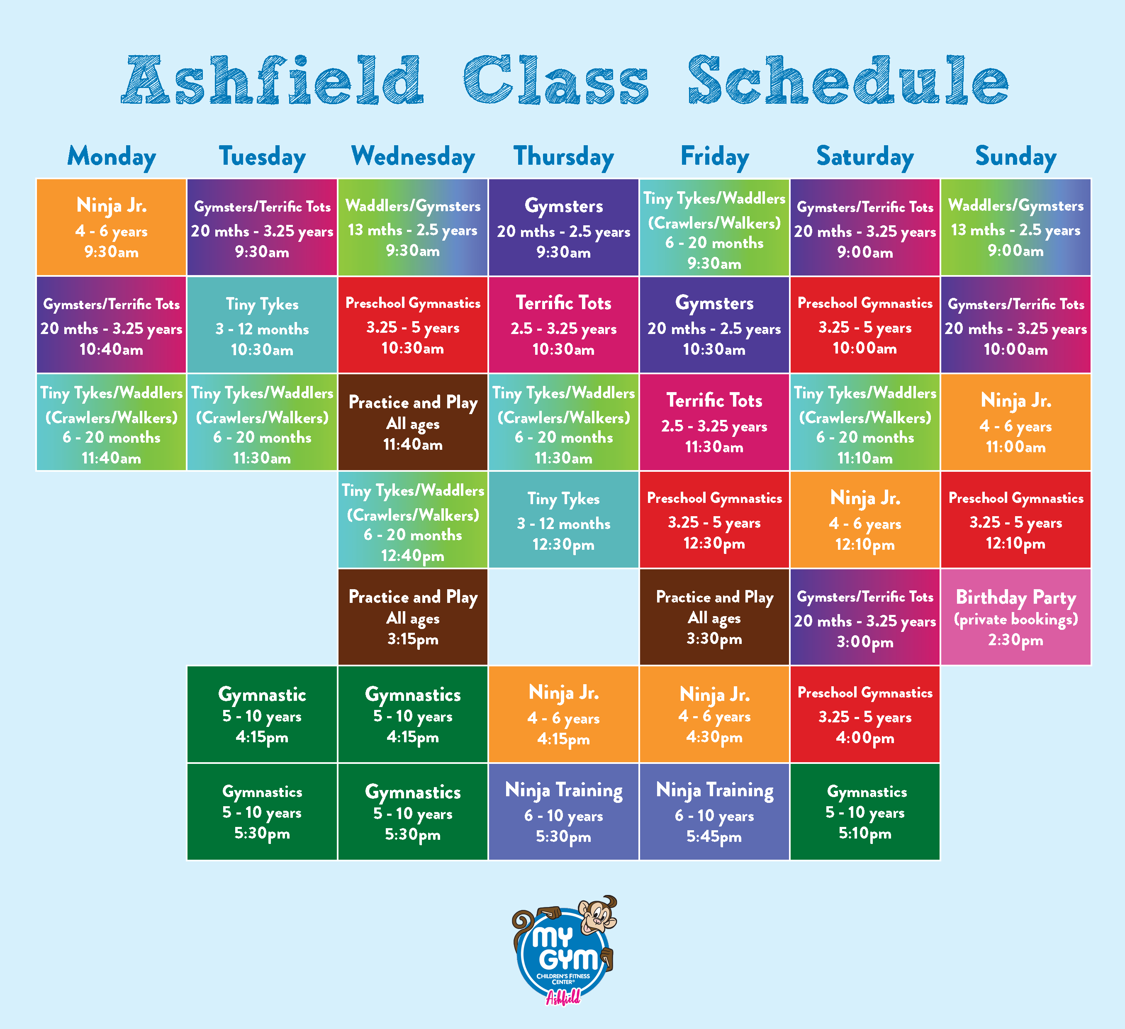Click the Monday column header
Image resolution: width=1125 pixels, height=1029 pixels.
pyautogui.click(x=112, y=157)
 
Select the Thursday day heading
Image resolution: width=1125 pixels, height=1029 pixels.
pyautogui.click(x=564, y=157)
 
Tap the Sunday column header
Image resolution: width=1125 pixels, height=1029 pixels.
pyautogui.click(x=1015, y=157)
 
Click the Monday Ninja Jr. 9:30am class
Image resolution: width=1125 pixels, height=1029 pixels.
pyautogui.click(x=112, y=227)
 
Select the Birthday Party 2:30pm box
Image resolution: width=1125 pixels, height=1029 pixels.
pyautogui.click(x=1015, y=617)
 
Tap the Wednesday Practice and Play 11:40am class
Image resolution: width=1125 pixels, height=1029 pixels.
pyautogui.click(x=413, y=422)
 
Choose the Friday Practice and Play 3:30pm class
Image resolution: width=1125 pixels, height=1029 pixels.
pyautogui.click(x=714, y=617)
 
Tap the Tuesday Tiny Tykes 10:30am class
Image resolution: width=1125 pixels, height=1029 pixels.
pyautogui.click(x=262, y=325)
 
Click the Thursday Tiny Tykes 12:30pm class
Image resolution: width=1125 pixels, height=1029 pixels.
pyautogui.click(x=564, y=519)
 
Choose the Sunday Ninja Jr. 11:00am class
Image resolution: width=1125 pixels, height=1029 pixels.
pyautogui.click(x=1015, y=422)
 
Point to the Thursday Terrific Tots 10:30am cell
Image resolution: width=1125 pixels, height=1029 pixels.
pyautogui.click(x=564, y=325)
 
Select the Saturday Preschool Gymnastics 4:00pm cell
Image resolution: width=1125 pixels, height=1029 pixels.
pyautogui.click(x=865, y=714)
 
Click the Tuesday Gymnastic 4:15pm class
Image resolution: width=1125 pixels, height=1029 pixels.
pyautogui.click(x=262, y=714)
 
